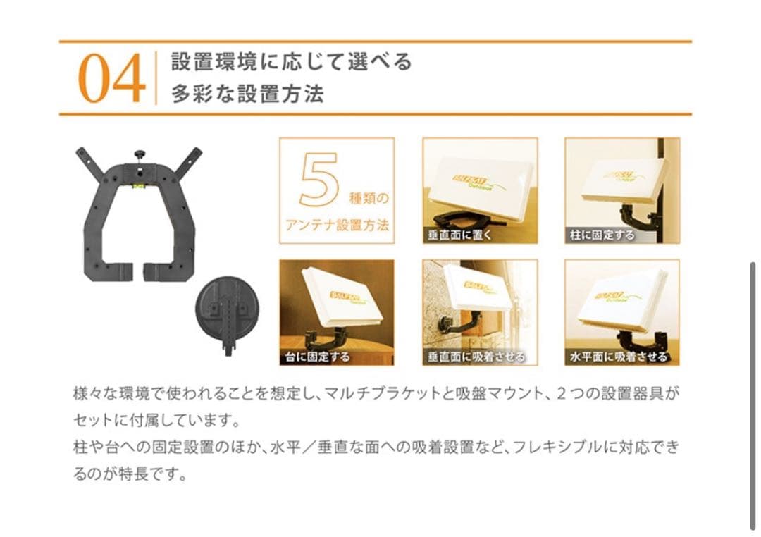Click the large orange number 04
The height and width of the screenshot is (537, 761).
(111, 80)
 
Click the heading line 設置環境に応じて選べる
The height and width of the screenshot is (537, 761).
(291, 62)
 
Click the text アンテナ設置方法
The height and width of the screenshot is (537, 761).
(337, 226)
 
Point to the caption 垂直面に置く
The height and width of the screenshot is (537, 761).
(458, 235)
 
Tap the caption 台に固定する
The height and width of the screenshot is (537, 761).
(317, 357)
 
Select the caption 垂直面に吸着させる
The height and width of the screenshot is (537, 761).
(476, 357)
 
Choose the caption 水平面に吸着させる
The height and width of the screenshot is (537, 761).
(619, 357)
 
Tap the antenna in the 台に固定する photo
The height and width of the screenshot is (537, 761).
(342, 297)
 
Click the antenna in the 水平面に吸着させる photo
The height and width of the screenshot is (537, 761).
(620, 300)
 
